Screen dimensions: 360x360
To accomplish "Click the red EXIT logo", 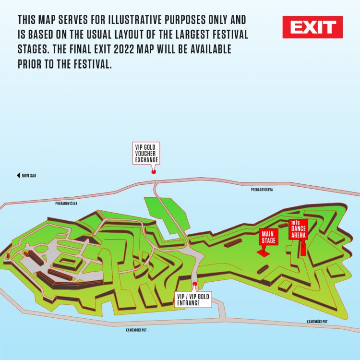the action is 312,27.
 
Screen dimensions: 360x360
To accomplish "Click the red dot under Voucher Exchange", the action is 154,171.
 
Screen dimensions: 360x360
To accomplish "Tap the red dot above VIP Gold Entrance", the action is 194,284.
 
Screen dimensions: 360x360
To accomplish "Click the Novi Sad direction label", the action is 29,176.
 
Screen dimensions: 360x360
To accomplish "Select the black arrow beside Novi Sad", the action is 18,176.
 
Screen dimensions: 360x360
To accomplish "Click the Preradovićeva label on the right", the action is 262,190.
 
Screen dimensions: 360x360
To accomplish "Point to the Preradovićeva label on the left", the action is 66,204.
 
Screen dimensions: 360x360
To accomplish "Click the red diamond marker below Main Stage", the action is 263,252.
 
